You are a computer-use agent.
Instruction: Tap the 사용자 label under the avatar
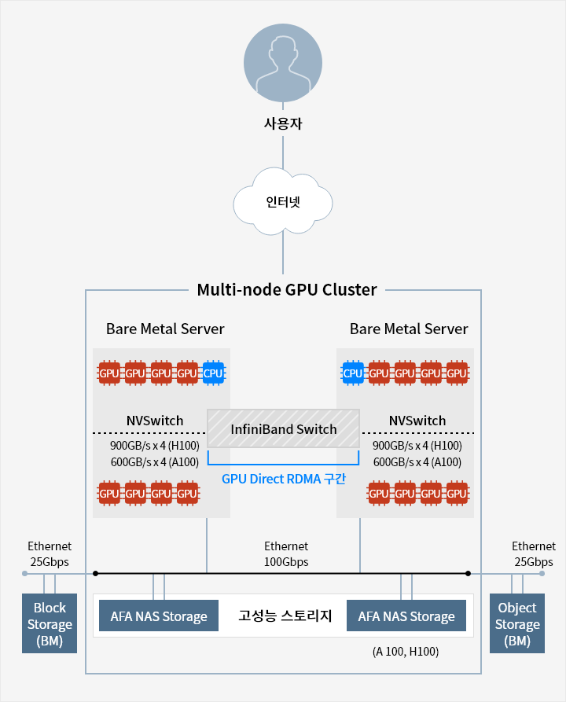coord(283,123)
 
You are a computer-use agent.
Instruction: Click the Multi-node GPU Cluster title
coord(286,289)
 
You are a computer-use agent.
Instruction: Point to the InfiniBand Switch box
coord(283,429)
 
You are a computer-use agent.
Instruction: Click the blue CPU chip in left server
coord(213,372)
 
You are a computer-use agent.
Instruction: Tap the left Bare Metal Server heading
coord(165,329)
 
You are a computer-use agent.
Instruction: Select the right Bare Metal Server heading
coord(409,329)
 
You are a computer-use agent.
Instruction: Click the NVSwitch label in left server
coord(155,421)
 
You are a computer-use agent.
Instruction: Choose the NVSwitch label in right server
coord(417,421)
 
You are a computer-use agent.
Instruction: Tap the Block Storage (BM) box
coord(50,624)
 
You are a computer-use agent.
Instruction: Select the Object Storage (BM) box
coord(517,624)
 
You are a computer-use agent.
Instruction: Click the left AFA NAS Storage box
coord(159,616)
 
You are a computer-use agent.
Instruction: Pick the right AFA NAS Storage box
coord(406,616)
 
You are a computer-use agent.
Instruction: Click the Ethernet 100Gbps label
coord(286,553)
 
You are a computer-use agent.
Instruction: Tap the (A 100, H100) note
coord(405,652)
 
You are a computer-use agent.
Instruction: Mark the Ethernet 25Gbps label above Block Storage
coord(50,553)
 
